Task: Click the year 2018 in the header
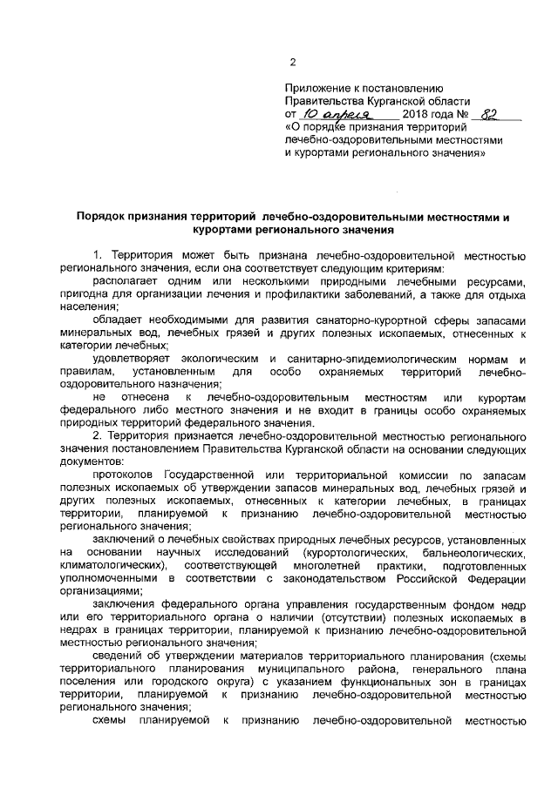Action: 417,114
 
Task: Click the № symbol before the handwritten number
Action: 463,114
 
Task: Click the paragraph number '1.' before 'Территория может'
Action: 98,255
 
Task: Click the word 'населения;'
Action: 89,306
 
